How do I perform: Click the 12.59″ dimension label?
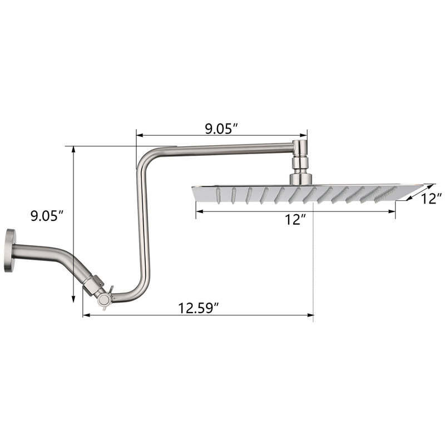tap(199, 308)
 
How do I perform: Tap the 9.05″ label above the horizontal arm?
tap(221, 129)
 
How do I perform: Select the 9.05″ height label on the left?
tap(47, 216)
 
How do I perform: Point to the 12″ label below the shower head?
tap(295, 220)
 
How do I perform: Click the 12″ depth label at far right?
tap(431, 199)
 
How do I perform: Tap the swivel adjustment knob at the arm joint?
tap(104, 299)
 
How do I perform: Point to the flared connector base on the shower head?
tap(301, 179)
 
